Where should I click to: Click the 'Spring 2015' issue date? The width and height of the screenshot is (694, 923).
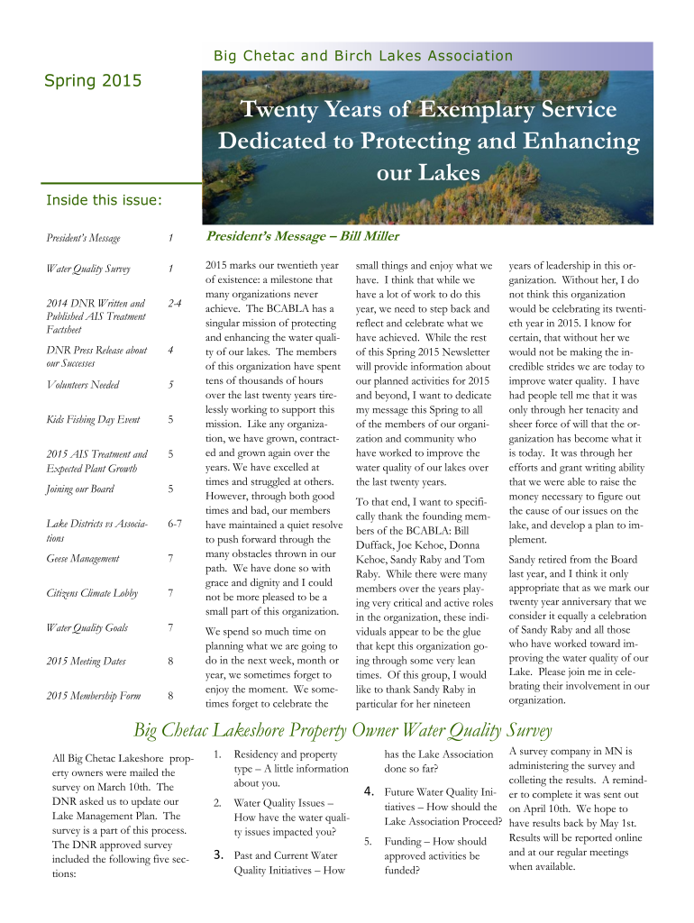(x=94, y=81)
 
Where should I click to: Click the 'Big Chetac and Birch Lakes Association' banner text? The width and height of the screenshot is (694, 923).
(x=362, y=56)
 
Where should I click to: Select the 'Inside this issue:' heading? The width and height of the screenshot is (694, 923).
(x=104, y=200)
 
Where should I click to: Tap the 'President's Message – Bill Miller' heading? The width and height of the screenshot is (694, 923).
(x=303, y=236)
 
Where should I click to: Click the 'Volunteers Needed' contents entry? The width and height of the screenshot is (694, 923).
(x=83, y=385)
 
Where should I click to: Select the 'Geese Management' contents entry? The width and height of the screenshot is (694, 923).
(x=83, y=558)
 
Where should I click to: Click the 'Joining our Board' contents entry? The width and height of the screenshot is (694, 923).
(x=81, y=489)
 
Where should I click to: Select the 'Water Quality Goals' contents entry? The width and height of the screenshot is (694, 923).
(x=87, y=627)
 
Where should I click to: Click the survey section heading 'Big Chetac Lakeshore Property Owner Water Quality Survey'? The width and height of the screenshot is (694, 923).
(x=342, y=729)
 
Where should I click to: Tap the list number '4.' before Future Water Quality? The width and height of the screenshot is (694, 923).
(x=369, y=791)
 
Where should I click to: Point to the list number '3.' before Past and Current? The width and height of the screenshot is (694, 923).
(x=218, y=854)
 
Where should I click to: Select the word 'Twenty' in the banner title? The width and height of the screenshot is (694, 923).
(x=274, y=111)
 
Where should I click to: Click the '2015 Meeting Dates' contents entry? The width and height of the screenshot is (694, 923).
(x=86, y=662)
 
